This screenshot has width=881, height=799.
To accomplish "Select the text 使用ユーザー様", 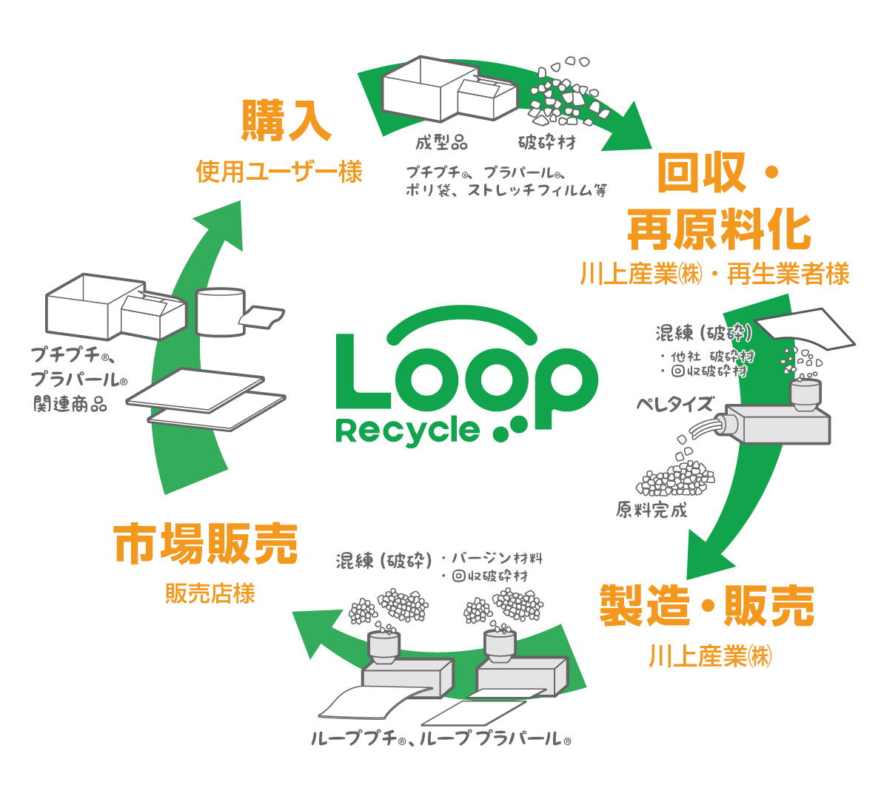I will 279,172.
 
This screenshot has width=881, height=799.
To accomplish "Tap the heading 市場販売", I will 205,545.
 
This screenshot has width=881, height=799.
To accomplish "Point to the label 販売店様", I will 210,593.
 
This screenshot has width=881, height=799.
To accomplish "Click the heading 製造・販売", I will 706,605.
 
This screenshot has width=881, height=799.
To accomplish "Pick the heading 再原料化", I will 719,229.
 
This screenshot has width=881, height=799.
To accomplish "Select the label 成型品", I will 441,143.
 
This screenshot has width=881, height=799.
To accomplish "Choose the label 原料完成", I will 651,510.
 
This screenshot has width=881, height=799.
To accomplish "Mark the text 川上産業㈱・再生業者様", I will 714,274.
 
